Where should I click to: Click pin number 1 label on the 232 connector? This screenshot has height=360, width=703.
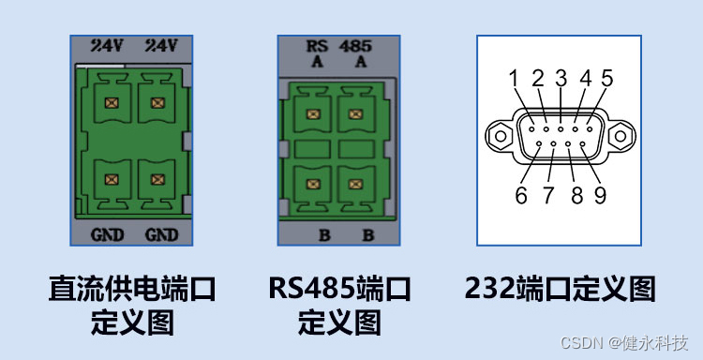[514, 79]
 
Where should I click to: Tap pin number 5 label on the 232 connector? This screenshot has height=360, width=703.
[606, 79]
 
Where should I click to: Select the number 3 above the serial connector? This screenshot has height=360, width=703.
[561, 79]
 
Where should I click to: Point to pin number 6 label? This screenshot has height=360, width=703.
[521, 195]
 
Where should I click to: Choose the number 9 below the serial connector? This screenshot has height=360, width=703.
[600, 195]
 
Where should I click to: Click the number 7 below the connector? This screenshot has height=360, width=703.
[548, 195]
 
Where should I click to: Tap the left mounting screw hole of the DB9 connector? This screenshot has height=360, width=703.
[501, 137]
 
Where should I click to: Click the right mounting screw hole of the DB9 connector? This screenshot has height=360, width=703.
[619, 137]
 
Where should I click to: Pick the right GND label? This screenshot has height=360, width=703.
[160, 233]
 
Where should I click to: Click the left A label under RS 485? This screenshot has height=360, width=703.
[316, 61]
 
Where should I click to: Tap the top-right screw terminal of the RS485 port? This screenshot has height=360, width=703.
[355, 114]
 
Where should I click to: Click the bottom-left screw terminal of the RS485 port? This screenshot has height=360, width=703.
[313, 175]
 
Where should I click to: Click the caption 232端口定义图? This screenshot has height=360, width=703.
[559, 289]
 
